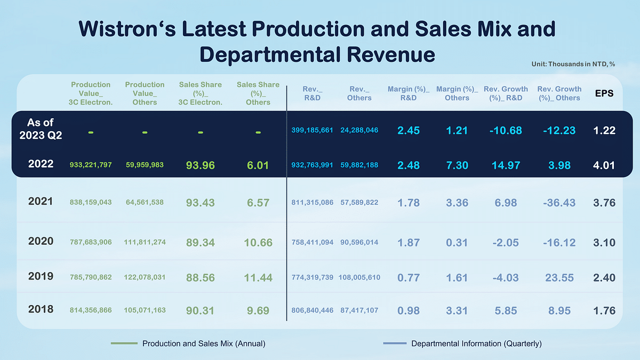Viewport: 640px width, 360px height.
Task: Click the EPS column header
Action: pos(604,93)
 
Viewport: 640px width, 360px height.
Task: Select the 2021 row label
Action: pos(41,202)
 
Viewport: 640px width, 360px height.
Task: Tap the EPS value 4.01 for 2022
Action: pos(604,165)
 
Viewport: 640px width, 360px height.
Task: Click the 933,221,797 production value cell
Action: pos(91,165)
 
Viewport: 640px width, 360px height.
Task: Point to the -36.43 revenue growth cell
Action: pos(559,203)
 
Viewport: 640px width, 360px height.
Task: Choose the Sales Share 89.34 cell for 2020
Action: pos(200,243)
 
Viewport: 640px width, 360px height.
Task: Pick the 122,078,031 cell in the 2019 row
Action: pos(145,277)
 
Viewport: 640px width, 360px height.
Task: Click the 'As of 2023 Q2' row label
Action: pos(41,129)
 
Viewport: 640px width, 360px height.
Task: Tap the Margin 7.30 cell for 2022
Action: pos(457,165)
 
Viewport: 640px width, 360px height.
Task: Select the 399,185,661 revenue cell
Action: pos(313,130)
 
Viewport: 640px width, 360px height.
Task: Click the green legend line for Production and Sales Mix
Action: pos(124,343)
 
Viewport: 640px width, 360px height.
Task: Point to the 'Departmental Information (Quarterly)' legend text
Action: pos(476,343)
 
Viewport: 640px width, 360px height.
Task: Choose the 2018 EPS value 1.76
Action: pos(604,310)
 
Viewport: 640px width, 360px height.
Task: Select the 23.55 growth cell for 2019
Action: pos(559,277)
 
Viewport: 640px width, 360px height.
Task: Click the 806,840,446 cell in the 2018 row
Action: pos(313,310)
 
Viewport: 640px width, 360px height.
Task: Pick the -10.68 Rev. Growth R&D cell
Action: pos(506,130)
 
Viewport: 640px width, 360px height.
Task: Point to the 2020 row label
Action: pos(41,241)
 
